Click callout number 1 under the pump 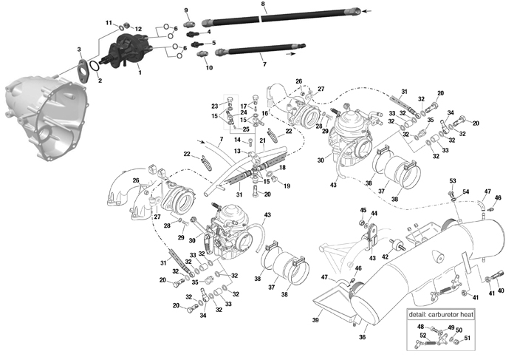(140, 73)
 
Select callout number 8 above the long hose (263, 5)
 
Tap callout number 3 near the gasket (79, 49)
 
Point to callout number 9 (186, 10)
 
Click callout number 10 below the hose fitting (209, 68)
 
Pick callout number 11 (109, 24)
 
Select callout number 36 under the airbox (362, 337)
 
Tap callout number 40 (501, 291)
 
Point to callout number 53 (452, 180)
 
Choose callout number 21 (262, 140)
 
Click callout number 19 (287, 186)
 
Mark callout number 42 (385, 257)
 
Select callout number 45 (363, 210)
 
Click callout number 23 (216, 106)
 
